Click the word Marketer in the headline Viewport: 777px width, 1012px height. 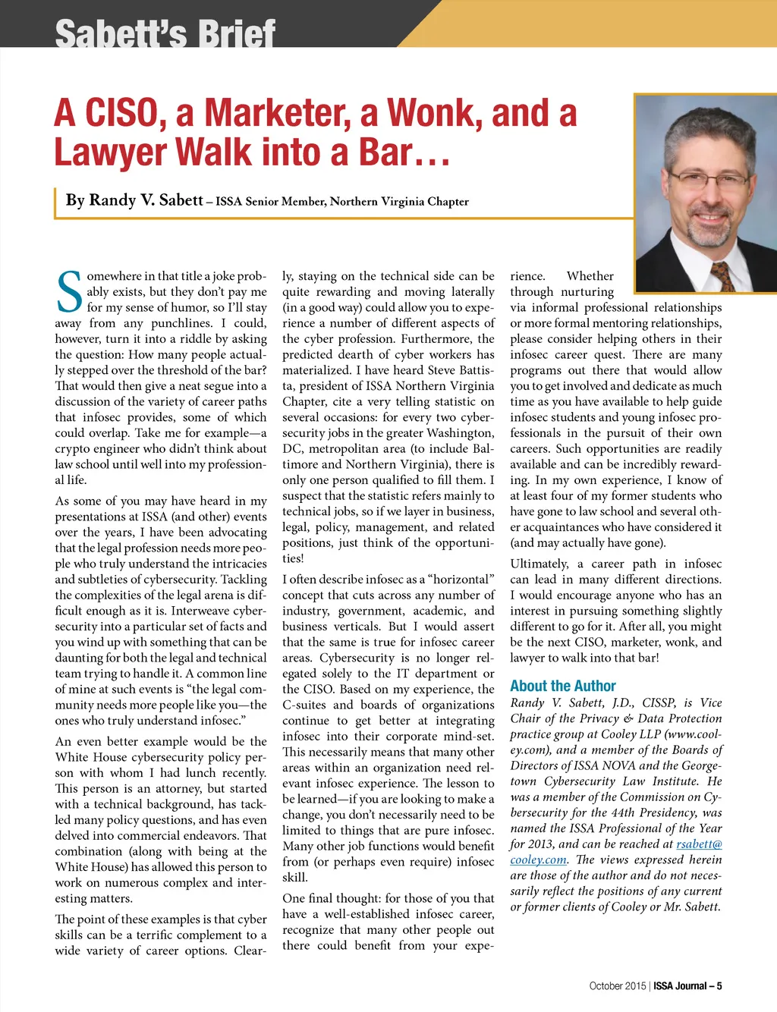coord(278,114)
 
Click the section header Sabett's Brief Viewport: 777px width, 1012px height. coord(165,34)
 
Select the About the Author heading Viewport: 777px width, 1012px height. coord(562,686)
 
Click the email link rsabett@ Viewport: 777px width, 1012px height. coord(699,844)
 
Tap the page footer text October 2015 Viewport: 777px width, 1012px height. coord(617,986)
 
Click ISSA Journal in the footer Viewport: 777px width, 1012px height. coord(680,986)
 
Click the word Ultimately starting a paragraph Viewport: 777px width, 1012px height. coord(539,564)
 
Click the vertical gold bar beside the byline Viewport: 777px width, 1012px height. coord(56,202)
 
